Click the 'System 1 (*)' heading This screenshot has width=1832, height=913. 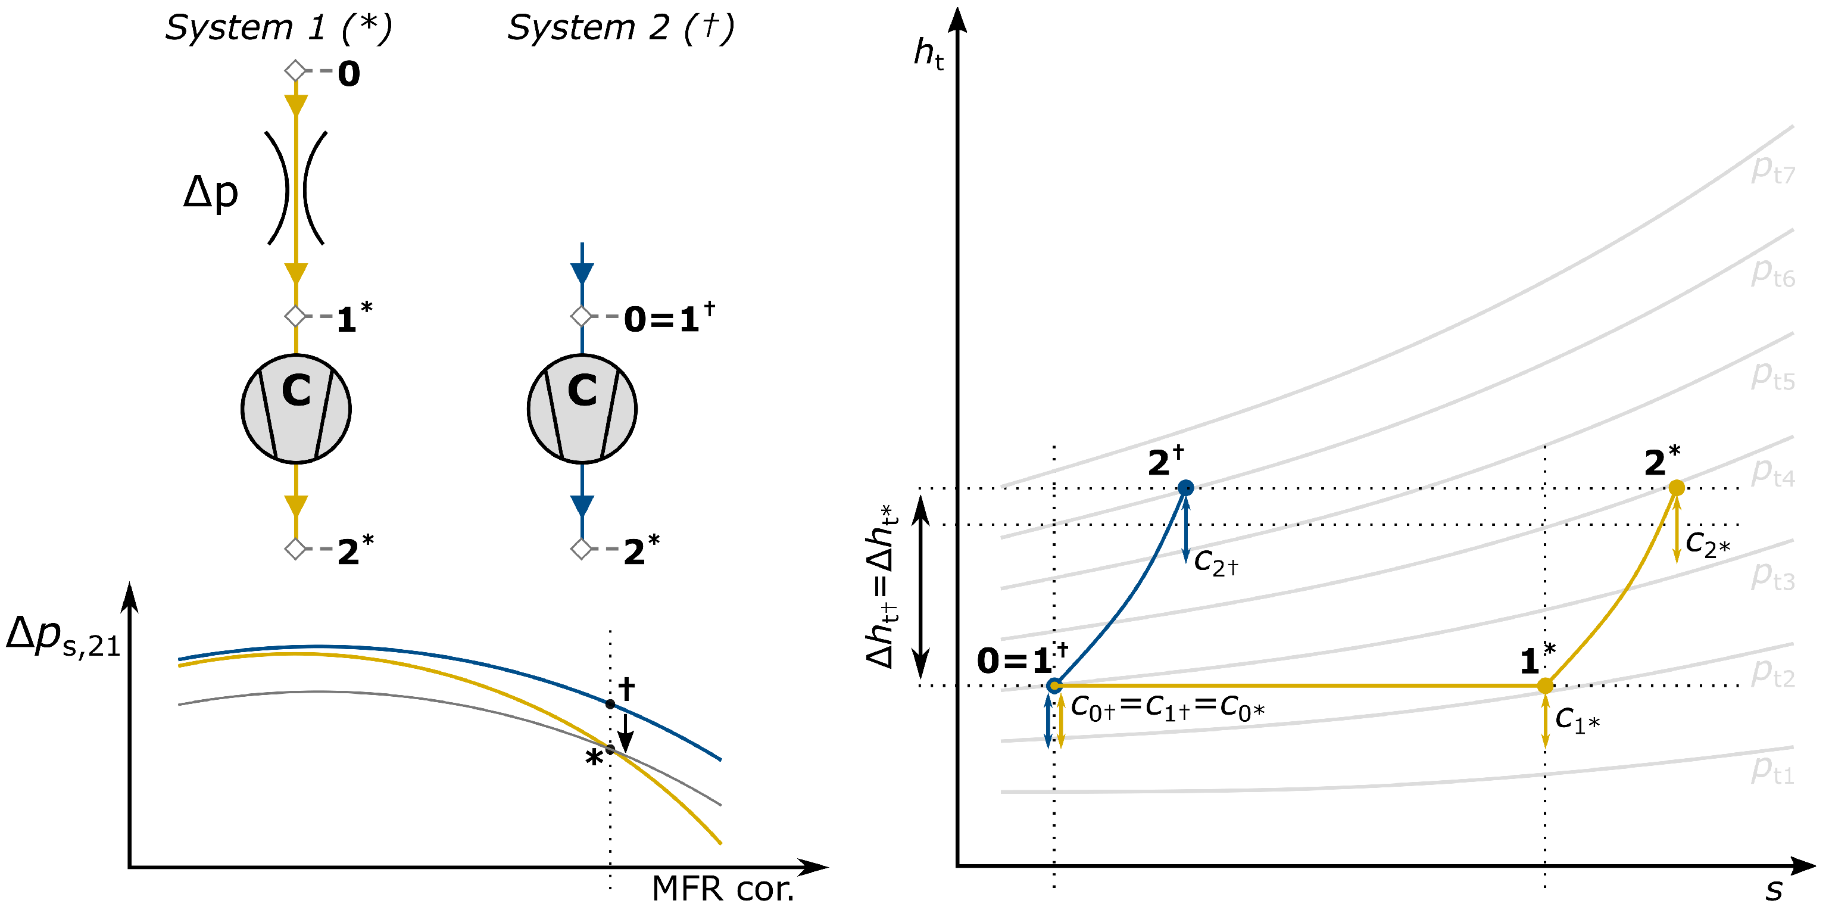[x=279, y=29]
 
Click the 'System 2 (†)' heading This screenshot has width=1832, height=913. [x=620, y=29]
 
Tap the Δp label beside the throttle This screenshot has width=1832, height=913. [x=211, y=192]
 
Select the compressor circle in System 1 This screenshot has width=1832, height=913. [x=296, y=409]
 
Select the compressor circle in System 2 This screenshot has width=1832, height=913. [x=582, y=409]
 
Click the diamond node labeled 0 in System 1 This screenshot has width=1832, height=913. [x=295, y=71]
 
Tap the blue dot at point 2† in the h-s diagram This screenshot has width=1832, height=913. [x=1185, y=487]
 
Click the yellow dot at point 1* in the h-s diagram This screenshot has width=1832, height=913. [x=1544, y=685]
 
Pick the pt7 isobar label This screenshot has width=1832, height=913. [x=1772, y=169]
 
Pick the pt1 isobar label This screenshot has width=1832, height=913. [x=1772, y=770]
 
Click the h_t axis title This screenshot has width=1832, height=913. [x=929, y=54]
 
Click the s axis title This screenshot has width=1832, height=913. [x=1774, y=890]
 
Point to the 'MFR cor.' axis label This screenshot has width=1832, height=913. [x=723, y=889]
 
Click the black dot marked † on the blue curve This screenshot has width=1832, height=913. [x=610, y=704]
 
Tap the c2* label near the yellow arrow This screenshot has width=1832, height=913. [x=1708, y=544]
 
